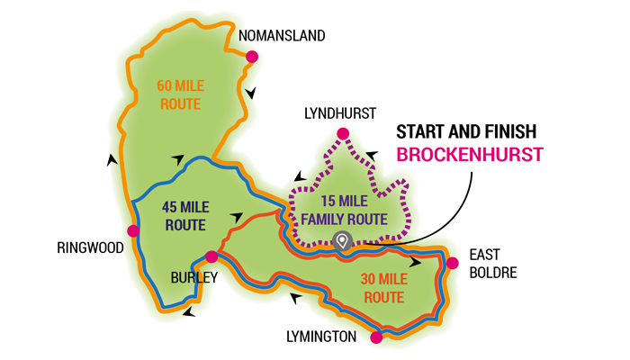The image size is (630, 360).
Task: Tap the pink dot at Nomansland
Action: point(252,57)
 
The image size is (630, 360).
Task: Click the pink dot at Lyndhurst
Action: point(343,135)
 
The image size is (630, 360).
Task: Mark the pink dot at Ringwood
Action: point(134,231)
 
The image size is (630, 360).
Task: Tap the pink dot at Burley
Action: point(211,256)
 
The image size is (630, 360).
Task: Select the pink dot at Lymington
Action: point(376,338)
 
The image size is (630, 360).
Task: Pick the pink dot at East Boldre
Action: point(452,263)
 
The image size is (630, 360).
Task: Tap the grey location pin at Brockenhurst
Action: point(341,239)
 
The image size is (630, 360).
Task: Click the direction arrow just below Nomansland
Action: point(254,92)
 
